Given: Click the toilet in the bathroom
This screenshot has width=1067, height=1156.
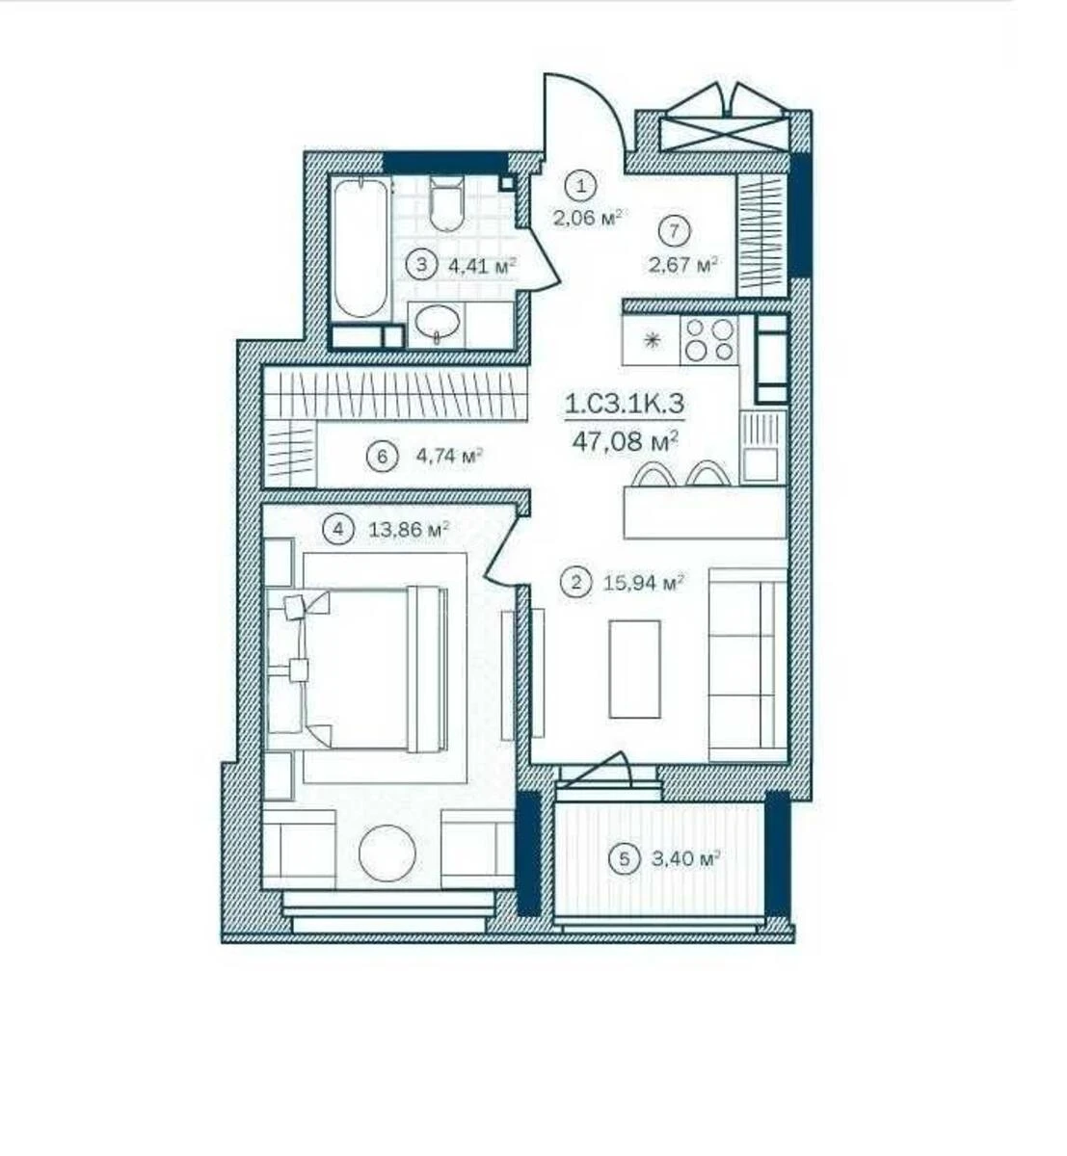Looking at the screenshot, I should pos(446,203).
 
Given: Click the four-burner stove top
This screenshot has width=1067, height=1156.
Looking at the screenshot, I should pos(707,340).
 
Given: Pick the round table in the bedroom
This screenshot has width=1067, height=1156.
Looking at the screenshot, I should pos(387,852).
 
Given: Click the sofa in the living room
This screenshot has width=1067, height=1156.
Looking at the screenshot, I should pos(747,664).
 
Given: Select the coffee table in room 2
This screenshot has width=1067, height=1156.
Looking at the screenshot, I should pos(635,668).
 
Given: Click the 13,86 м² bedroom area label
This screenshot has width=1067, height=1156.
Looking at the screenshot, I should pos(410,528).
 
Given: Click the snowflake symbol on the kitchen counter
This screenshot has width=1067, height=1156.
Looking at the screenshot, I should pos(653,340).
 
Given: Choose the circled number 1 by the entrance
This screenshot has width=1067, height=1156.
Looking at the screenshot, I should pos(581,184).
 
